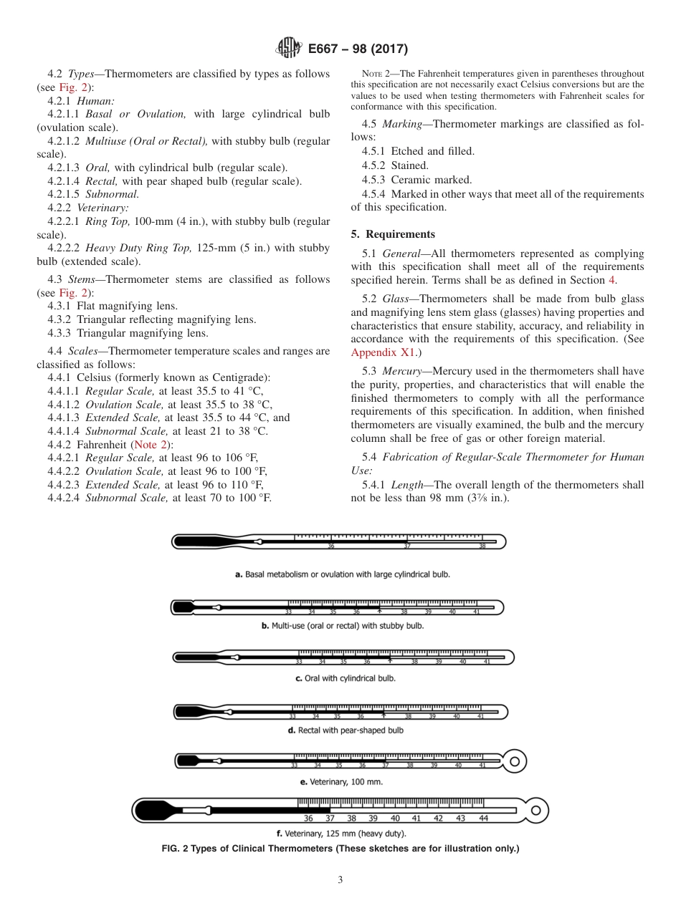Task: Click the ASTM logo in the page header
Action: pyautogui.click(x=289, y=49)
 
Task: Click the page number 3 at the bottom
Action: pyautogui.click(x=340, y=880)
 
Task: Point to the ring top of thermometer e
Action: pyautogui.click(x=515, y=758)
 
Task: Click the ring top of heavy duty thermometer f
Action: pyautogui.click(x=535, y=810)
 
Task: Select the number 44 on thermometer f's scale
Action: pyautogui.click(x=483, y=818)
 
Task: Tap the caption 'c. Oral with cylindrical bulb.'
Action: pyautogui.click(x=345, y=678)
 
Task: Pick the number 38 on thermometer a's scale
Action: pyautogui.click(x=482, y=546)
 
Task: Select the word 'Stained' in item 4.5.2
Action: pyautogui.click(x=409, y=165)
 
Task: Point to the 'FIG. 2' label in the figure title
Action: pyautogui.click(x=178, y=849)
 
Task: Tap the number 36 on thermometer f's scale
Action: pyautogui.click(x=308, y=818)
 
